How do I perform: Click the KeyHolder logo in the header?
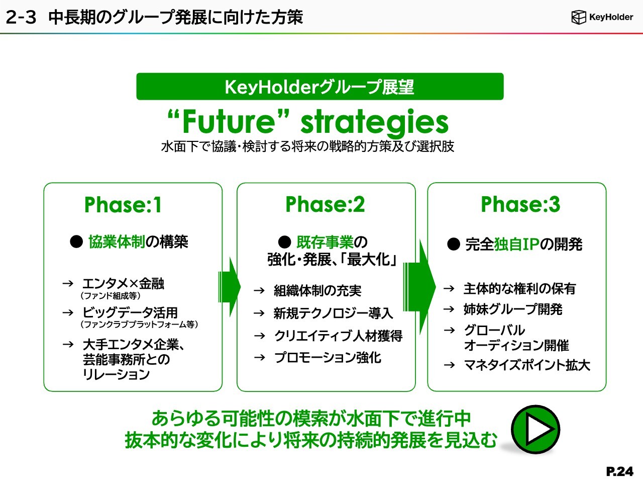[x=602, y=17]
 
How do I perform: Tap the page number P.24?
[x=619, y=471]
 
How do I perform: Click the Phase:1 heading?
[x=123, y=204]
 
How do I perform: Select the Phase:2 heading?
[x=325, y=204]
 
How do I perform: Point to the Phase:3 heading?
[x=520, y=204]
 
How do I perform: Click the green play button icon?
[x=535, y=430]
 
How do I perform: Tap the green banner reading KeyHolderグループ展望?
[x=320, y=87]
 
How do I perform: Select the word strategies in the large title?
[x=374, y=123]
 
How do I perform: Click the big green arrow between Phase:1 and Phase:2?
[x=230, y=287]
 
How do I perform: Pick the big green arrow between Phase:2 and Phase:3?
[x=419, y=287]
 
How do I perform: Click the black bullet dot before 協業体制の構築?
[x=76, y=242]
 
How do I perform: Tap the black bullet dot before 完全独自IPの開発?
[x=454, y=245]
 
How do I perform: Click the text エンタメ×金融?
[x=124, y=284]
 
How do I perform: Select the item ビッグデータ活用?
[x=130, y=312]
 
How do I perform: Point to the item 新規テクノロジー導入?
[x=333, y=313]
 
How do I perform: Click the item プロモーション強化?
[x=328, y=358]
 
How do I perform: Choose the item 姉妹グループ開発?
[x=513, y=309]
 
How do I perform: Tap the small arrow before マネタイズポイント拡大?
[x=450, y=365]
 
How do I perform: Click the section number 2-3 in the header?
[x=21, y=17]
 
